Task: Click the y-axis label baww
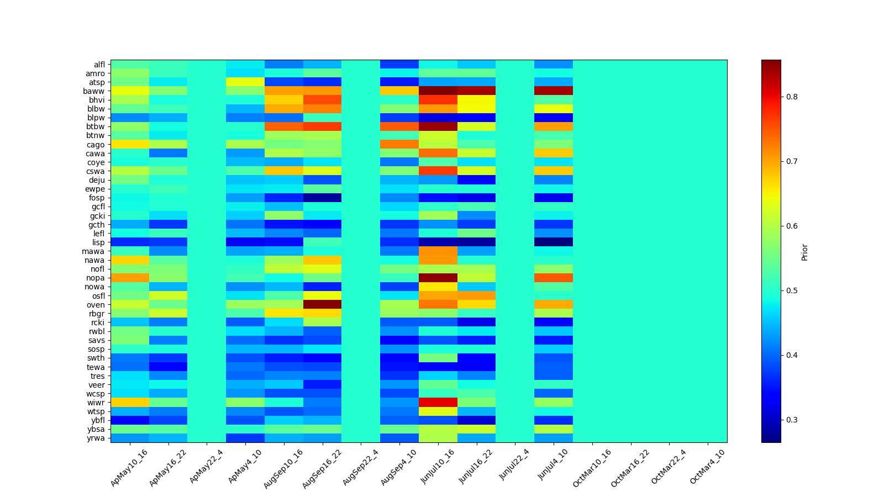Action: (x=97, y=91)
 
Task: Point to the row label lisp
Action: (x=98, y=242)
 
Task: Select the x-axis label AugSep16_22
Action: (x=321, y=468)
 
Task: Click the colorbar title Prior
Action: (x=804, y=251)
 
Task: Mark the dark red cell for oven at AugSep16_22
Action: (x=322, y=305)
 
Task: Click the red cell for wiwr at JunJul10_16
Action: (x=438, y=403)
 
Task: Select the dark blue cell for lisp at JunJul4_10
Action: (x=554, y=242)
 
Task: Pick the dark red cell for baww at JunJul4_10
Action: (x=554, y=91)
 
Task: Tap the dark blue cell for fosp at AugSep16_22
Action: (x=322, y=198)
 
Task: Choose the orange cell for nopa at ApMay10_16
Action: (x=130, y=278)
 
